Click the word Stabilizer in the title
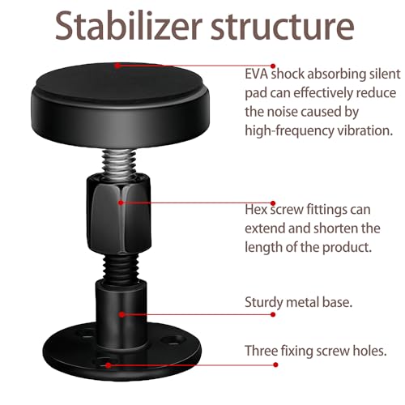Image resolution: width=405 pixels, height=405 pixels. click(129, 25)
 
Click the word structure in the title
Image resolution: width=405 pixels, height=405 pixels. click(283, 26)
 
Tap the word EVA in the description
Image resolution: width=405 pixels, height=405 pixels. click(256, 74)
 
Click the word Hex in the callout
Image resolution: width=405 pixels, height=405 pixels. click(256, 210)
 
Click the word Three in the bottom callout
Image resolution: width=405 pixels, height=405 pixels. click(261, 351)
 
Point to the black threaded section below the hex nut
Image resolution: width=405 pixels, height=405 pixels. click(121, 268)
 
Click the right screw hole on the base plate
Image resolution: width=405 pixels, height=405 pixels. click(173, 339)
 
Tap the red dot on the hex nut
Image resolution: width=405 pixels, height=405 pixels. click(121, 202)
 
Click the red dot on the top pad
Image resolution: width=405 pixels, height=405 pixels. click(117, 66)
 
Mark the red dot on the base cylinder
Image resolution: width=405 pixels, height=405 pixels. click(122, 314)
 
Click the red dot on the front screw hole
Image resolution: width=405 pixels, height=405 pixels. click(109, 365)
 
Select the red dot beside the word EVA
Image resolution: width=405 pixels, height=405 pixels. click(273, 66)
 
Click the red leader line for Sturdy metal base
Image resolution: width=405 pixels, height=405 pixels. click(198, 314)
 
